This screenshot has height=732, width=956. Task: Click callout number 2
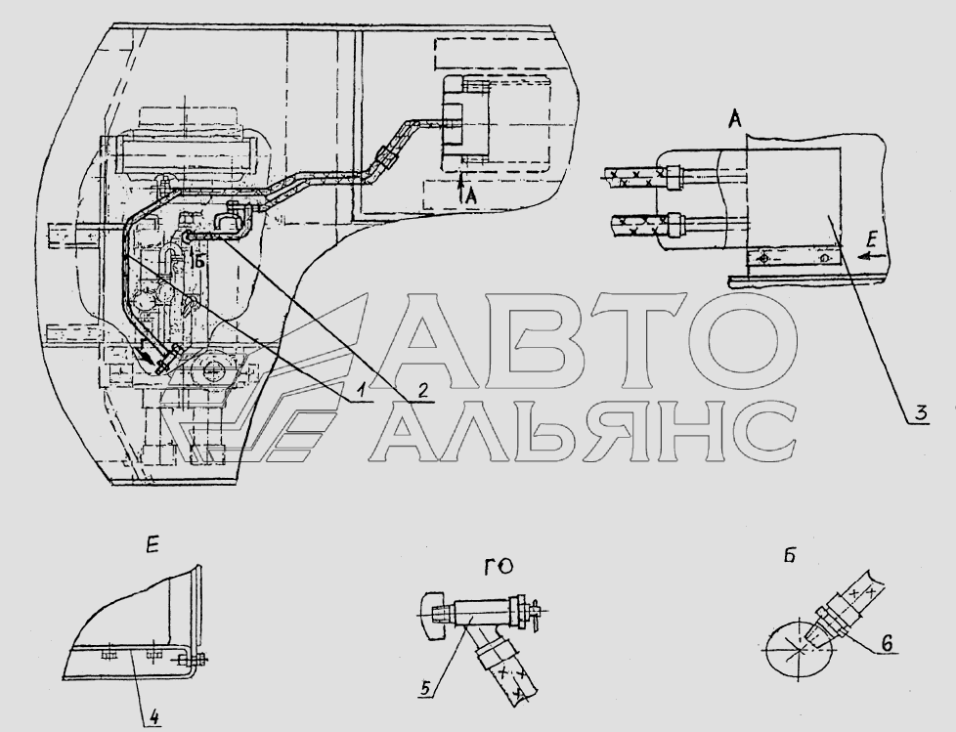point(421,391)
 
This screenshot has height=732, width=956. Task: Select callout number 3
point(920,412)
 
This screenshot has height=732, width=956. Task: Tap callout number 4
point(153,716)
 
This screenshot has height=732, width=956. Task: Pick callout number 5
point(426,687)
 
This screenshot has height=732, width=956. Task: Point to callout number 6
point(887,642)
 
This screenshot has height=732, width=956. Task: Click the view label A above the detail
point(735,120)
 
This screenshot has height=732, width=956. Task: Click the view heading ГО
point(499,567)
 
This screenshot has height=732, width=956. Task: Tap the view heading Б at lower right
point(790,556)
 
